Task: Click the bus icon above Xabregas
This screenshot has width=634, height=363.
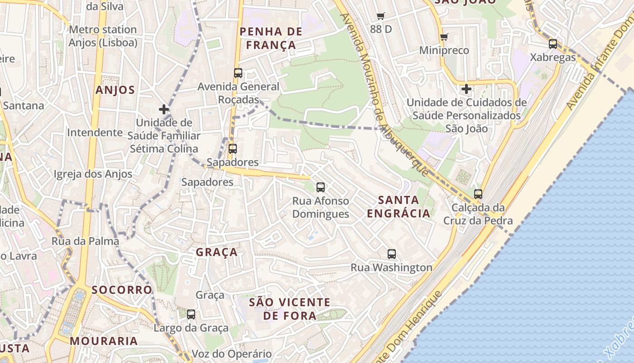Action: click(x=552, y=44)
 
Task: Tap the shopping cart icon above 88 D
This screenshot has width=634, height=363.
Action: click(x=380, y=16)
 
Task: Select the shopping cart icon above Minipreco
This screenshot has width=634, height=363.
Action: click(x=444, y=37)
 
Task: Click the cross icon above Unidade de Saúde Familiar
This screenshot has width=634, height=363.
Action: click(x=164, y=109)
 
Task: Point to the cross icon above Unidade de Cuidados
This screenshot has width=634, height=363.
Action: click(x=466, y=89)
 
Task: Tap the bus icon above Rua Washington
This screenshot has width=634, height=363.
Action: click(x=392, y=254)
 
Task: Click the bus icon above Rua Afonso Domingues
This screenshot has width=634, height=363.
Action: click(x=321, y=187)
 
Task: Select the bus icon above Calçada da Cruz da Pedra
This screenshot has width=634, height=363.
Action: click(x=478, y=194)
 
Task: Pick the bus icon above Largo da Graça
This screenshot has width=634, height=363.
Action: click(x=191, y=314)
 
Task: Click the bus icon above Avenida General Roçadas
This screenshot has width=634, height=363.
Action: click(x=238, y=73)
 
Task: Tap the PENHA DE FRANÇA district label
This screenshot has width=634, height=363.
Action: click(x=271, y=38)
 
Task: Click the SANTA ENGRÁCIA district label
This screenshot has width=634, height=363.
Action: click(x=399, y=206)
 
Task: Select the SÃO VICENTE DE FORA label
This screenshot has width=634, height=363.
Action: click(x=290, y=309)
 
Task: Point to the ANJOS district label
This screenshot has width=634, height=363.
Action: click(x=115, y=90)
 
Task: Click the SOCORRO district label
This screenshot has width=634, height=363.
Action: click(x=122, y=290)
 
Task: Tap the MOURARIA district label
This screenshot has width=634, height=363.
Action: click(x=104, y=341)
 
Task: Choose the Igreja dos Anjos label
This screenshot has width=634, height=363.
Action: click(x=93, y=174)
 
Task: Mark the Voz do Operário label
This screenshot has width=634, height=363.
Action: click(x=232, y=354)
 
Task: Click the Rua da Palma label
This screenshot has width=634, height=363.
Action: click(x=85, y=241)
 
